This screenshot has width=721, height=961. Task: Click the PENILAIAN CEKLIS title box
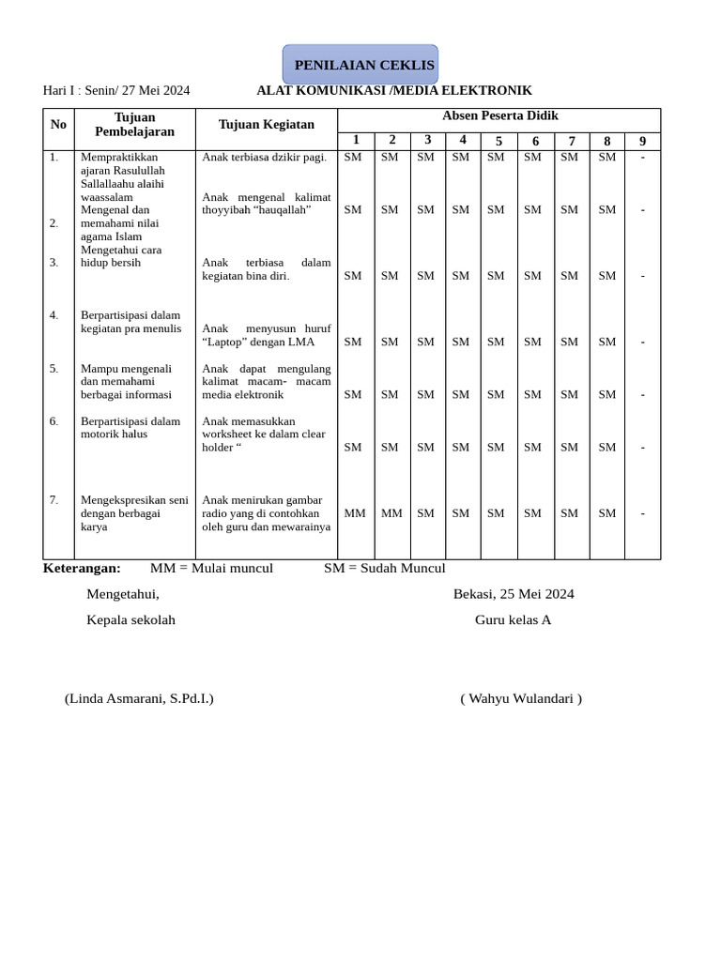360,65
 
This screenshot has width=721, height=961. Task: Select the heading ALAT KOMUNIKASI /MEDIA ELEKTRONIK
394,90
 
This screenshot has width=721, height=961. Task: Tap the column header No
58,124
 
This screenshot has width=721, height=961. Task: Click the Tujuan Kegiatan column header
267,124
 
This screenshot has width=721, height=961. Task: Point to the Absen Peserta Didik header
499,115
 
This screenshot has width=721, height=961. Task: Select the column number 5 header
499,141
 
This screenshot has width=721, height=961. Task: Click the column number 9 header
642,141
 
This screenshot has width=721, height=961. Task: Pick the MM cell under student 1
355,513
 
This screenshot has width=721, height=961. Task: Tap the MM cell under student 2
391,513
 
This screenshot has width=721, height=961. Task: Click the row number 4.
54,315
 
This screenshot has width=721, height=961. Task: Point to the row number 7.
54,500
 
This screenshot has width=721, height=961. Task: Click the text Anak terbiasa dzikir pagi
265,157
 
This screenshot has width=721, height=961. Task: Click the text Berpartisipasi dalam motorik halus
130,428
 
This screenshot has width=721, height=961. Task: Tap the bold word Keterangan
82,568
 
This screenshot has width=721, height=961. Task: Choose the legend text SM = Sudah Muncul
384,568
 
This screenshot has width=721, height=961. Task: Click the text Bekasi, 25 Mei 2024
514,594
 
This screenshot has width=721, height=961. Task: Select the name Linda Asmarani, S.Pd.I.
139,698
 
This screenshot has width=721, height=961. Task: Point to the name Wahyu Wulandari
521,698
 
